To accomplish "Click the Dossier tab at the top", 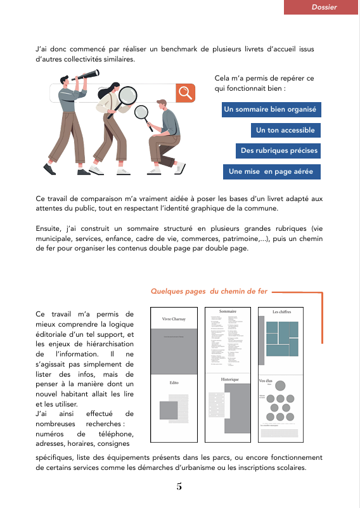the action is click(324, 7).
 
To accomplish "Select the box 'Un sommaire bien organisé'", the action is click(270, 110).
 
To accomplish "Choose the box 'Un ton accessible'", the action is click(285, 131).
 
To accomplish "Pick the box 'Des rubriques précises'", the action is click(279, 151).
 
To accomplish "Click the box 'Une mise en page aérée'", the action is click(271, 171).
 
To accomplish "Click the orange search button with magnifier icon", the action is click(185, 93).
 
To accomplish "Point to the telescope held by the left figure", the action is click(88, 75).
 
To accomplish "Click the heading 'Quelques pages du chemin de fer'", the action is click(209, 292).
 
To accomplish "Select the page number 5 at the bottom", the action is click(179, 487).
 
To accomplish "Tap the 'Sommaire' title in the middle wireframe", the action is click(228, 312).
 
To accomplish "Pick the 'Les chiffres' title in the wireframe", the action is click(281, 313).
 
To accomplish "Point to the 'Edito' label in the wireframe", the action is click(174, 384).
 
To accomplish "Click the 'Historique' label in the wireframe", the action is click(229, 379).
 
